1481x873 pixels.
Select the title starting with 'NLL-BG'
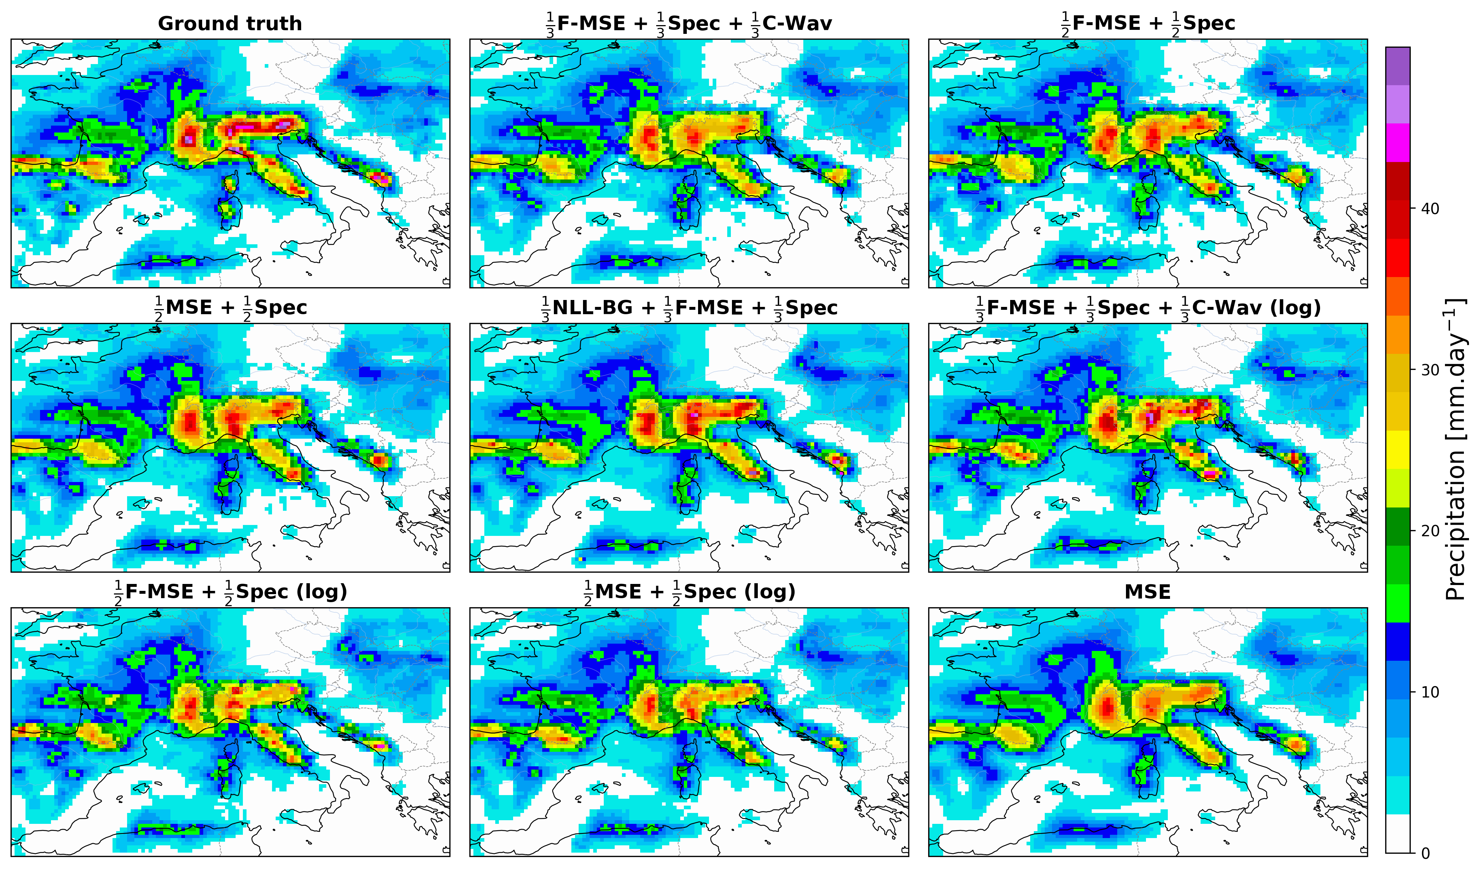(689, 308)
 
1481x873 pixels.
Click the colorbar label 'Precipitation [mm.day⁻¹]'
(1456, 450)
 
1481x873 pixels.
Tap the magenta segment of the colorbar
(1398, 142)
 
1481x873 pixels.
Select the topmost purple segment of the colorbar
(1398, 66)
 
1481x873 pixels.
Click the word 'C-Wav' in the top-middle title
(797, 24)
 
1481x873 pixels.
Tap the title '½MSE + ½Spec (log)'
(689, 592)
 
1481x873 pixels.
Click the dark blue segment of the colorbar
(1398, 641)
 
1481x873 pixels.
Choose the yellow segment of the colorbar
(1398, 450)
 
